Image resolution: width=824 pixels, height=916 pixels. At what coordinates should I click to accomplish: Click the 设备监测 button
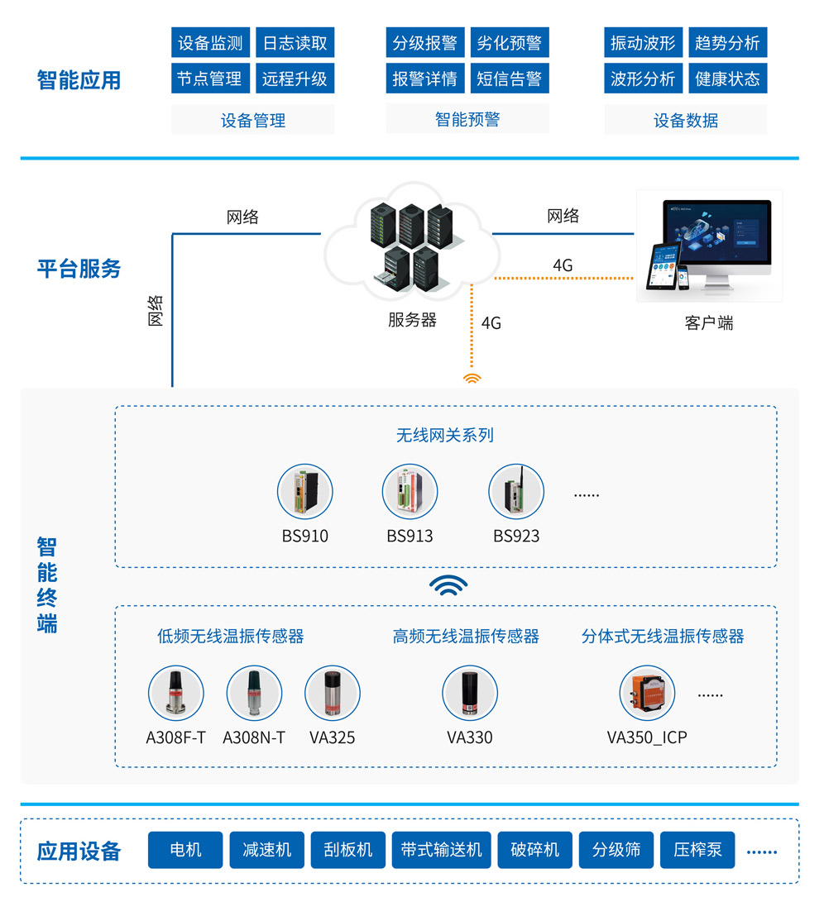pyautogui.click(x=210, y=43)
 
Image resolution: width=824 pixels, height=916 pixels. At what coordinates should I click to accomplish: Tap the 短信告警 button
pyautogui.click(x=509, y=79)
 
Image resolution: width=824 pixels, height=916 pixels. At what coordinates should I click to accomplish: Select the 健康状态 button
pyautogui.click(x=727, y=79)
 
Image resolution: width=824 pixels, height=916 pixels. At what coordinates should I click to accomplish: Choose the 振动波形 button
pyautogui.click(x=643, y=43)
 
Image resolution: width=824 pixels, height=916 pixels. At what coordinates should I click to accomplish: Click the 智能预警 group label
pyautogui.click(x=467, y=120)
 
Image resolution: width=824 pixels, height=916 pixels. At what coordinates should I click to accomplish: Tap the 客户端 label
pyautogui.click(x=709, y=322)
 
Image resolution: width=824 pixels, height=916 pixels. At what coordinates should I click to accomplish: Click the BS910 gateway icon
pyautogui.click(x=305, y=492)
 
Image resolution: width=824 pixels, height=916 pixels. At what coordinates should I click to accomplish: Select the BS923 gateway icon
pyautogui.click(x=516, y=492)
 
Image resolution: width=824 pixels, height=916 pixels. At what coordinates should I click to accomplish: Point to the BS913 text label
pyautogui.click(x=410, y=536)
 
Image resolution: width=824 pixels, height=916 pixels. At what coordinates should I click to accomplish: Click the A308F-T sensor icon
pyautogui.click(x=175, y=694)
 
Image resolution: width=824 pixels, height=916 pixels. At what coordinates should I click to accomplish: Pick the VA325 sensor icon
pyautogui.click(x=333, y=694)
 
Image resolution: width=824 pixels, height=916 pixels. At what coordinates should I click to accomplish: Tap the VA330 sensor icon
pyautogui.click(x=469, y=694)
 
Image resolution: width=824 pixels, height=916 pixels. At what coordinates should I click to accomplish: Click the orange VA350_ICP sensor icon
pyautogui.click(x=647, y=694)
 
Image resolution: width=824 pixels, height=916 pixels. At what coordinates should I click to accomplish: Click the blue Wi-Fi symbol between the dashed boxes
pyautogui.click(x=448, y=586)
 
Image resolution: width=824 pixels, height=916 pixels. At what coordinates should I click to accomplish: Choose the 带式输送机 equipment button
pyautogui.click(x=441, y=850)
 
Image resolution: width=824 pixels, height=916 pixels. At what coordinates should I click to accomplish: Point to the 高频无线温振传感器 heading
pyautogui.click(x=466, y=636)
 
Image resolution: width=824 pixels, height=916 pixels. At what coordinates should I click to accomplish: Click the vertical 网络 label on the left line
pyautogui.click(x=156, y=311)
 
